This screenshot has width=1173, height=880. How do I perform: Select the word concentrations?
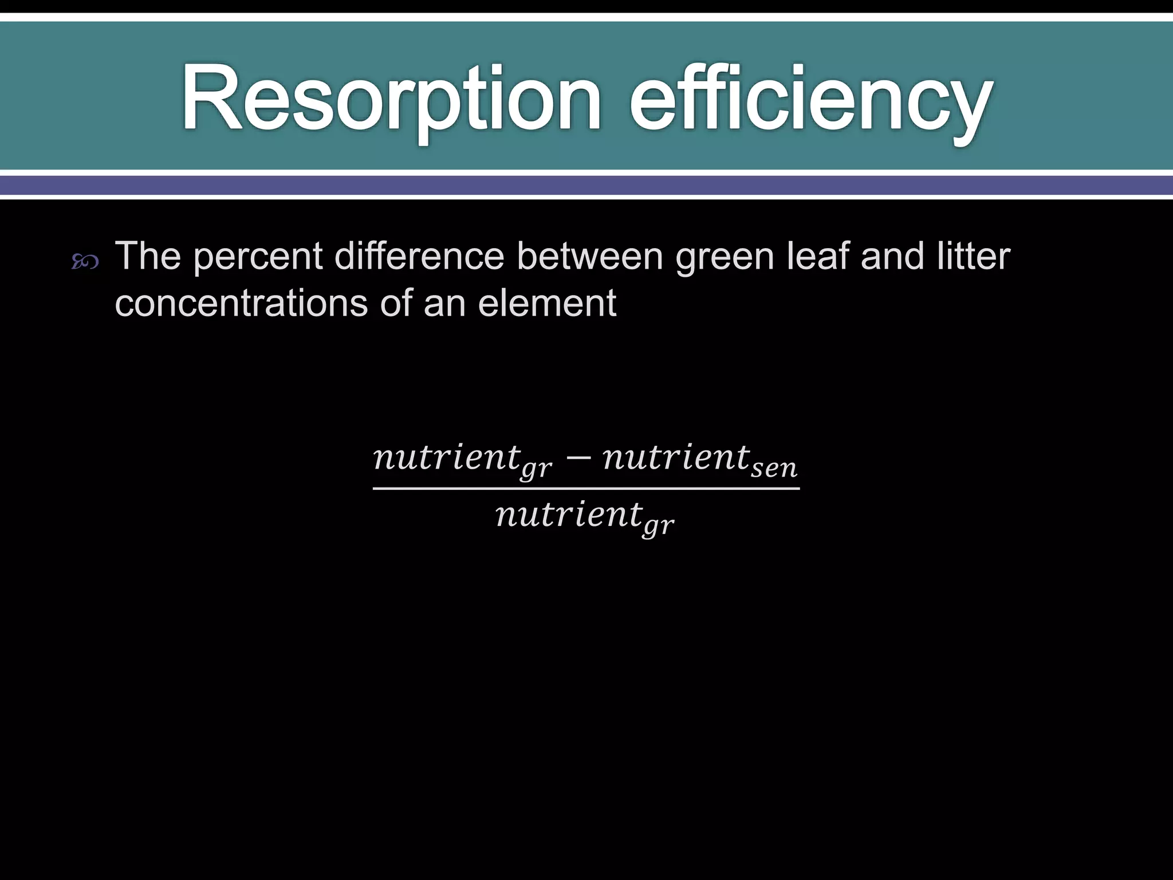click(x=241, y=303)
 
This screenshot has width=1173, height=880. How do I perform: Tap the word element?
click(x=546, y=303)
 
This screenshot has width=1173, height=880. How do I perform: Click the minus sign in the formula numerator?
click(x=578, y=458)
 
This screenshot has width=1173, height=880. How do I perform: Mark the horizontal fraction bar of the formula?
click(x=586, y=489)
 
